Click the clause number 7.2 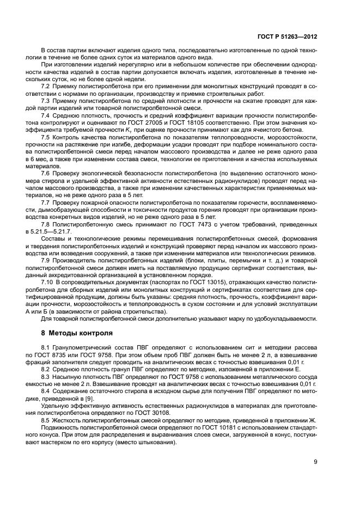[x=46, y=87]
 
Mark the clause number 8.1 [x=46, y=347]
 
